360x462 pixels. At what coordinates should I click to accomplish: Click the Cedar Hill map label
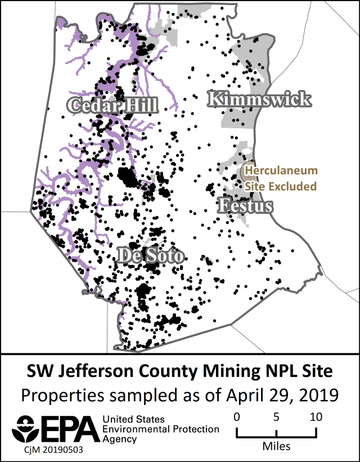pyautogui.click(x=112, y=104)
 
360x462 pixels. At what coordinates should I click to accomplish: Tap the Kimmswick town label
pyautogui.click(x=259, y=100)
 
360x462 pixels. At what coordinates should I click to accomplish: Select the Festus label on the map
pyautogui.click(x=245, y=206)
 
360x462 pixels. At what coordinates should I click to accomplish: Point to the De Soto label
pyautogui.click(x=150, y=256)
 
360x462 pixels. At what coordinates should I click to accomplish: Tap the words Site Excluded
pyautogui.click(x=281, y=186)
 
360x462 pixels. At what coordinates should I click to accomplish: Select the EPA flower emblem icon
pyautogui.click(x=27, y=428)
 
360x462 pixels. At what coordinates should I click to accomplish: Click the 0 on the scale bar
pyautogui.click(x=237, y=417)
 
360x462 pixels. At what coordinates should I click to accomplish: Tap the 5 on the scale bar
pyautogui.click(x=276, y=417)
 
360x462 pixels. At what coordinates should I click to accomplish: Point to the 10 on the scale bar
pyautogui.click(x=316, y=417)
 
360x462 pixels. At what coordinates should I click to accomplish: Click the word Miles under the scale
pyautogui.click(x=276, y=446)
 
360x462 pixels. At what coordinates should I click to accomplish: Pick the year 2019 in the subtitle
pyautogui.click(x=318, y=394)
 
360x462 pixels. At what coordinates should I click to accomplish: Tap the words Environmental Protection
pyautogui.click(x=161, y=429)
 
